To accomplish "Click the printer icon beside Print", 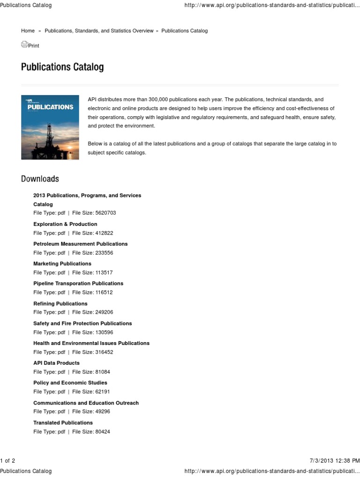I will click(24, 45).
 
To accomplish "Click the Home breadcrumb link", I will click(28, 30).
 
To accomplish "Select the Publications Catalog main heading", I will click(62, 67).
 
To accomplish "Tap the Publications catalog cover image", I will click(50, 127).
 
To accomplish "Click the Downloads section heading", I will click(40, 179).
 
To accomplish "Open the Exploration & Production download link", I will click(65, 224).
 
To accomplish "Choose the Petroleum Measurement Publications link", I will click(80, 244).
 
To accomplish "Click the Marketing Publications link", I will click(62, 263).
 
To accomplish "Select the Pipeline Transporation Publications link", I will click(78, 283).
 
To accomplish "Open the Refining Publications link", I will click(60, 303).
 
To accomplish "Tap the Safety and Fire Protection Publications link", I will click(82, 323).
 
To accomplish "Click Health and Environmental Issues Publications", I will click(91, 343).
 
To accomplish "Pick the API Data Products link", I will click(56, 363).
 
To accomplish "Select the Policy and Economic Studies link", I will click(70, 382).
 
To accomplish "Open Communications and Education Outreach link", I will click(86, 403).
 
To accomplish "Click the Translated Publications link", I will click(63, 422).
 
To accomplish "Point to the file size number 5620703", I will click(105, 213).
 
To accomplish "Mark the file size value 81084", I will click(103, 372).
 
